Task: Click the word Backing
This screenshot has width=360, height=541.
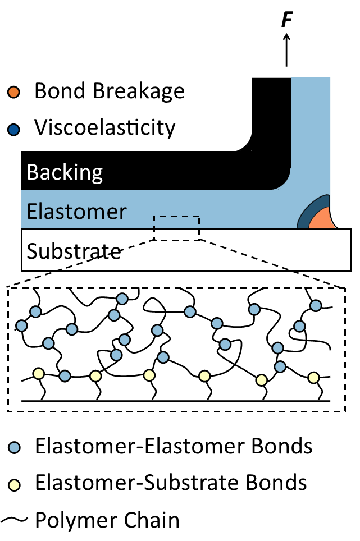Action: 65,172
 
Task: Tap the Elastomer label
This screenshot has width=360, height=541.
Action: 76,212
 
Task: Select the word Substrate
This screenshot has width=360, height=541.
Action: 74,251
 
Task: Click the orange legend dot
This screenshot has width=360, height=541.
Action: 13,92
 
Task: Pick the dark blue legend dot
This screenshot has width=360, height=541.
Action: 13,130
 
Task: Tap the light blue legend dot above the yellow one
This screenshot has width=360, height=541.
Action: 14,447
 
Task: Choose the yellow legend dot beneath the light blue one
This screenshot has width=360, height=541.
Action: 14,485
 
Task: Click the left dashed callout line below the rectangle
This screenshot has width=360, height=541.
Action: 107,255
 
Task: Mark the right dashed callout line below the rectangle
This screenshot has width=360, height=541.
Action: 244,255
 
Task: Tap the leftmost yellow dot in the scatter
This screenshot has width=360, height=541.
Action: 38,373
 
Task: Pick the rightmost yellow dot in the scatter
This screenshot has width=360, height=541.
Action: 313,378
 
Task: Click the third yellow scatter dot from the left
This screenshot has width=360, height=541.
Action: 149,375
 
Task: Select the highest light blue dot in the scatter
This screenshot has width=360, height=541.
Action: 122,299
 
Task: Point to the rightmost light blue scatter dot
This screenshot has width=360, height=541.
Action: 316,305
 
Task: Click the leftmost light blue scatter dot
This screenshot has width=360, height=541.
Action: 21,325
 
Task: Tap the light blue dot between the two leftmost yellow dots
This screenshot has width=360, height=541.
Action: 65,376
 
